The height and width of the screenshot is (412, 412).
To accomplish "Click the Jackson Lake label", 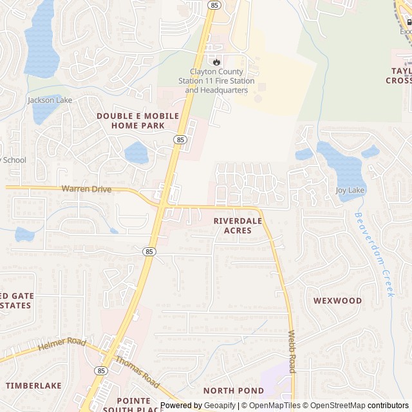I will [x=50, y=100].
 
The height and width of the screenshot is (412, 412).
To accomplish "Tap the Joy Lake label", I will [x=350, y=191].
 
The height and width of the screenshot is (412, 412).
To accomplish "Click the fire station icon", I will [x=216, y=61].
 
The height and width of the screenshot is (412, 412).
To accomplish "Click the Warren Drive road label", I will [x=86, y=189].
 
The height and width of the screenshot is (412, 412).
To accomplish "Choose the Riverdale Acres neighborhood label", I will [x=238, y=225].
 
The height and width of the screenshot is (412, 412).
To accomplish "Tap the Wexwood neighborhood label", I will [x=337, y=301].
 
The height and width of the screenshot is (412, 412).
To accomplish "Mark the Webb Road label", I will [x=292, y=353].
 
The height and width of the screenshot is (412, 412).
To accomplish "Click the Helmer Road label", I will [x=61, y=345].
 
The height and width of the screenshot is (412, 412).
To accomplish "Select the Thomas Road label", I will [x=137, y=371].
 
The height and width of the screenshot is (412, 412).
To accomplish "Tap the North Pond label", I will [x=233, y=391].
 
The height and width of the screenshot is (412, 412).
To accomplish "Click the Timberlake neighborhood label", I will [x=33, y=386].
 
